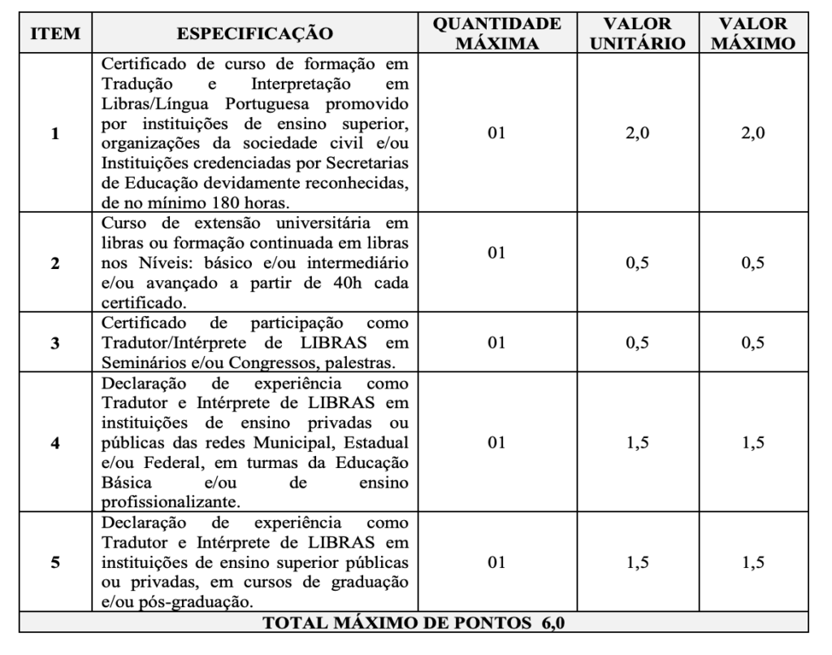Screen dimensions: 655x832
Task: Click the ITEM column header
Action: tap(55, 33)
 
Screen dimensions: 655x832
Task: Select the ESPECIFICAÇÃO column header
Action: tap(255, 33)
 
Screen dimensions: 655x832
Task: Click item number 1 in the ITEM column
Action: tap(55, 134)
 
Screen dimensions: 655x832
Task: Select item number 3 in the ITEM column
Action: tap(55, 342)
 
